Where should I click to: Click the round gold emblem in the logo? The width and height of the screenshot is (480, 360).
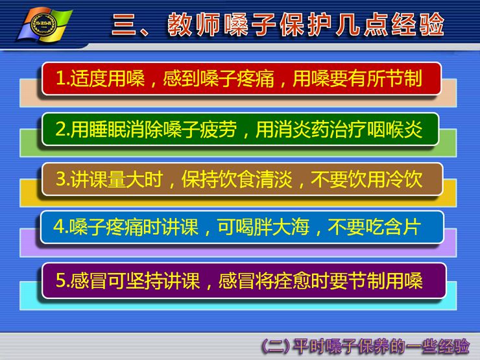[x=44, y=25]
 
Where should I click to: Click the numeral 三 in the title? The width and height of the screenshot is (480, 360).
[x=124, y=25]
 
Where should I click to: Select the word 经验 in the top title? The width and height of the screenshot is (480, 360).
[x=418, y=25]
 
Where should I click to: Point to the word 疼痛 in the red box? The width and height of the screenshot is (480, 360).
[x=256, y=78]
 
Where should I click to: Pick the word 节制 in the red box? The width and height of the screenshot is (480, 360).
[x=403, y=78]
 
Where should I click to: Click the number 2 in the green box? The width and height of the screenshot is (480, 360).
[x=60, y=130]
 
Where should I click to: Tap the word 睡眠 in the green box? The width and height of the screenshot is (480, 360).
[x=108, y=130]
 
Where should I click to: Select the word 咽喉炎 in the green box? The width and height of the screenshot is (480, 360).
[x=394, y=130]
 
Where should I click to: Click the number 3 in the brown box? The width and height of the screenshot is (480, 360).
[x=60, y=179]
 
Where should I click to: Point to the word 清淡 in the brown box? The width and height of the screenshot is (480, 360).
[x=274, y=179]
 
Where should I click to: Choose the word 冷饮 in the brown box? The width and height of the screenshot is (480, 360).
[x=404, y=179]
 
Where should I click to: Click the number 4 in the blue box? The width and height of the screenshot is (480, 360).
[x=59, y=227]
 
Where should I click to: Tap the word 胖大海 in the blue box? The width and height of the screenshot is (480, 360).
[x=282, y=227]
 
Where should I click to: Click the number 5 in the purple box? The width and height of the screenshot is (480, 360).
[x=60, y=280]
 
